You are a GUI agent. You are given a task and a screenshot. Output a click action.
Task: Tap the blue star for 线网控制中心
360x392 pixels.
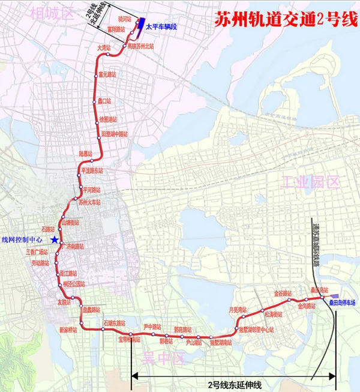[55, 240]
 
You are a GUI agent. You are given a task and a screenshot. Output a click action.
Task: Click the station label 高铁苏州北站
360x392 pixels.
[140, 46]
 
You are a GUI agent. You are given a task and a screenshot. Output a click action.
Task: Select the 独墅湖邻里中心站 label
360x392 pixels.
[253, 330]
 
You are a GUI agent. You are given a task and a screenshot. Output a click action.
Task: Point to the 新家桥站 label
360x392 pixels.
[69, 330]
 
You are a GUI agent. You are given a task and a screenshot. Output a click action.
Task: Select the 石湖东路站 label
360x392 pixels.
[116, 323]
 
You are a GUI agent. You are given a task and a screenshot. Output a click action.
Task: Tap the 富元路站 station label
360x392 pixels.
[107, 75]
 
